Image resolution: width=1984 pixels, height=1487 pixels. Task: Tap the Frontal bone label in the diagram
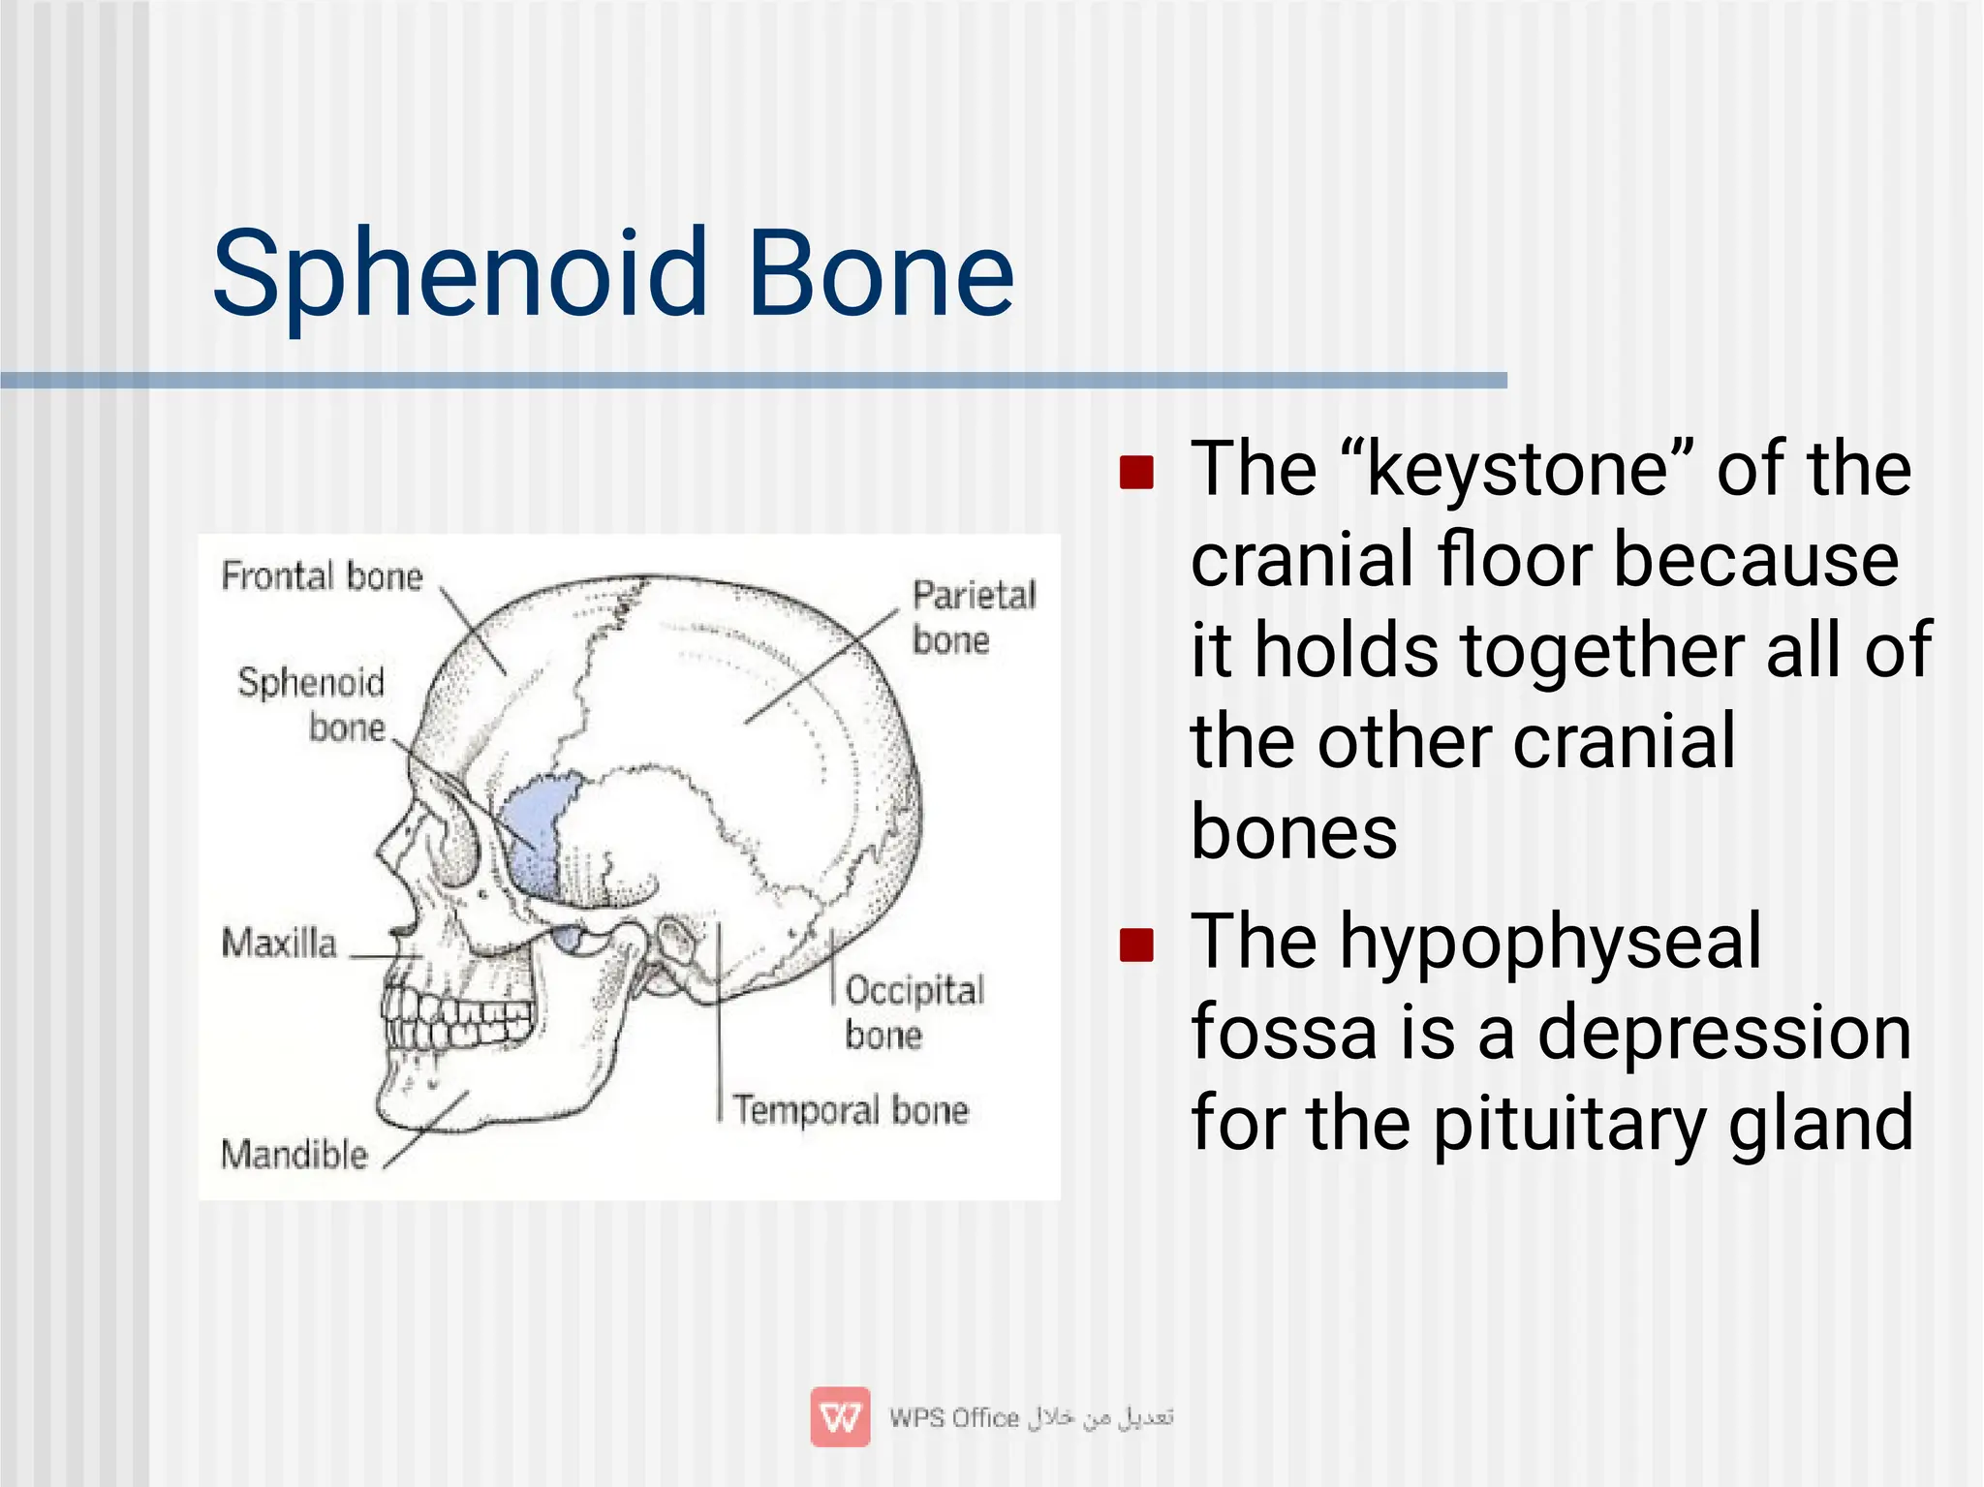coord(322,575)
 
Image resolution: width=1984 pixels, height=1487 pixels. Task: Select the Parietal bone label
coord(973,616)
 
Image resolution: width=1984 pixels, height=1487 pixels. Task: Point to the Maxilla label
coord(279,943)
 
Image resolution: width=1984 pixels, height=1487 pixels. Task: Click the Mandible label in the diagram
coord(294,1154)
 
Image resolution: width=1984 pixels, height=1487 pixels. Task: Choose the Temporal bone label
coord(850,1109)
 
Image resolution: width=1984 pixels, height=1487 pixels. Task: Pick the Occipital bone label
coord(913,1011)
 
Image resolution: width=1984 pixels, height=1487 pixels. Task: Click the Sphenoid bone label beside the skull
coord(312,703)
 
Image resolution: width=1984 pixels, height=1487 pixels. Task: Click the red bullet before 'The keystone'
coord(1136,473)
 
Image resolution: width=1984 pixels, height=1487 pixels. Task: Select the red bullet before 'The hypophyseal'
coord(1136,945)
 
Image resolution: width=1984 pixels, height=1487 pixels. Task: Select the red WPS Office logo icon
coord(840,1416)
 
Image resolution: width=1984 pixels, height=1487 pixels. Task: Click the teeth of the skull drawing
coord(455,1017)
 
